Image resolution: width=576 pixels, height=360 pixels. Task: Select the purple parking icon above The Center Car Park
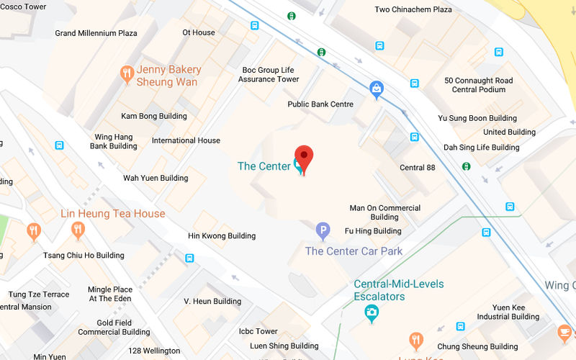(x=323, y=231)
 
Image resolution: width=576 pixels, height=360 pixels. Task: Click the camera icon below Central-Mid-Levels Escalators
(x=372, y=312)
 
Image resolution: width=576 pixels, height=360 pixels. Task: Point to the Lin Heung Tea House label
(x=113, y=214)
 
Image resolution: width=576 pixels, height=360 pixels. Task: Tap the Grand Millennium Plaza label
(x=96, y=33)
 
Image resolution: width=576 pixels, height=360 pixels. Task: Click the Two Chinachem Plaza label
(x=413, y=9)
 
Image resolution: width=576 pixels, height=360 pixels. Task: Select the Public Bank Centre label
(x=320, y=104)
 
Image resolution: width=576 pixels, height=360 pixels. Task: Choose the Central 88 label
(x=418, y=168)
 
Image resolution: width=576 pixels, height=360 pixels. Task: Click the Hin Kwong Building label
(x=222, y=235)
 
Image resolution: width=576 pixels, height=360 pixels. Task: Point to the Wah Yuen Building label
(x=156, y=178)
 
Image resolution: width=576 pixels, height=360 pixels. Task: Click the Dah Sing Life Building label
(x=481, y=148)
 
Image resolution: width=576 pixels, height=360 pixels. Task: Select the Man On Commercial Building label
(x=384, y=212)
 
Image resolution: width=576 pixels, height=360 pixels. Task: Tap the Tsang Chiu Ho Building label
(x=84, y=256)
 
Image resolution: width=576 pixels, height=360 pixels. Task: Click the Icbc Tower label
(x=258, y=331)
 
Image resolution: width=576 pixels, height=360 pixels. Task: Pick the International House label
(x=186, y=140)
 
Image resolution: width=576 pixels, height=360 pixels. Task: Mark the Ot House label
(x=199, y=32)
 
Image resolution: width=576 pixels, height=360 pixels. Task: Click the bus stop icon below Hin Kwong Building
(x=189, y=258)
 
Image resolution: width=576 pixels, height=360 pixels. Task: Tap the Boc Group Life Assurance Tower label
(x=269, y=74)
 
